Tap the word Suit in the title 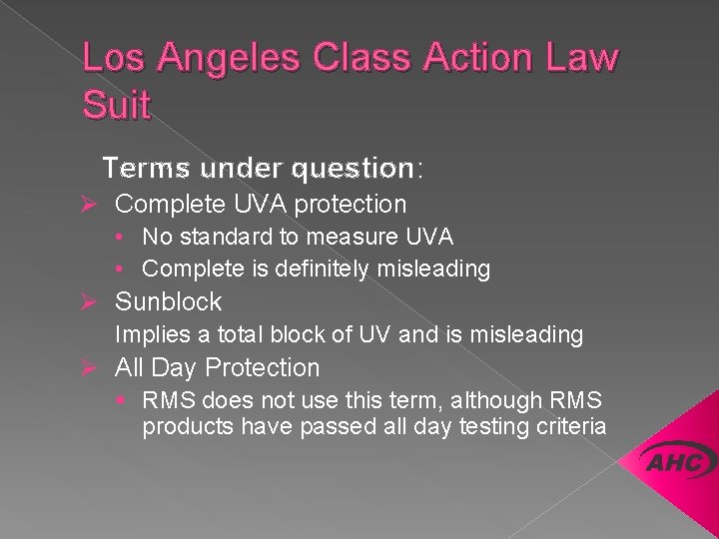117,103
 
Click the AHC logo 680,462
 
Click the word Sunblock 169,301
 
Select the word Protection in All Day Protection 263,368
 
